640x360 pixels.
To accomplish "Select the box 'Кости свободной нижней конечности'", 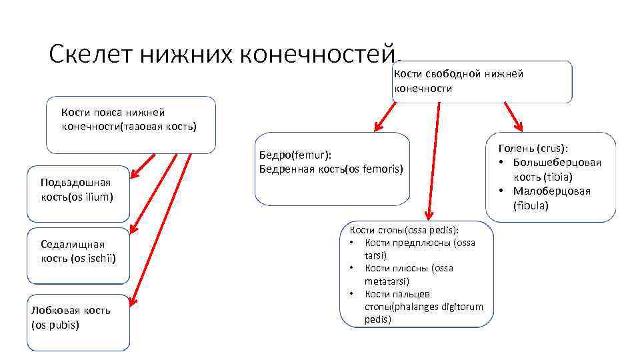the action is pos(482,82).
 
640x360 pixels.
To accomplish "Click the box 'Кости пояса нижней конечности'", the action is pos(130,125).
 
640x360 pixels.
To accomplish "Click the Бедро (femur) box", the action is pos(332,169).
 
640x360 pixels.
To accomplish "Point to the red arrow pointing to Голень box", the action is pos(514,117).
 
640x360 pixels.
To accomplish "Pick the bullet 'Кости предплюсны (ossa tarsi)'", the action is pos(419,249).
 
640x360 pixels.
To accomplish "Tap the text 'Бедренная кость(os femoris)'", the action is pos(331,169).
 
